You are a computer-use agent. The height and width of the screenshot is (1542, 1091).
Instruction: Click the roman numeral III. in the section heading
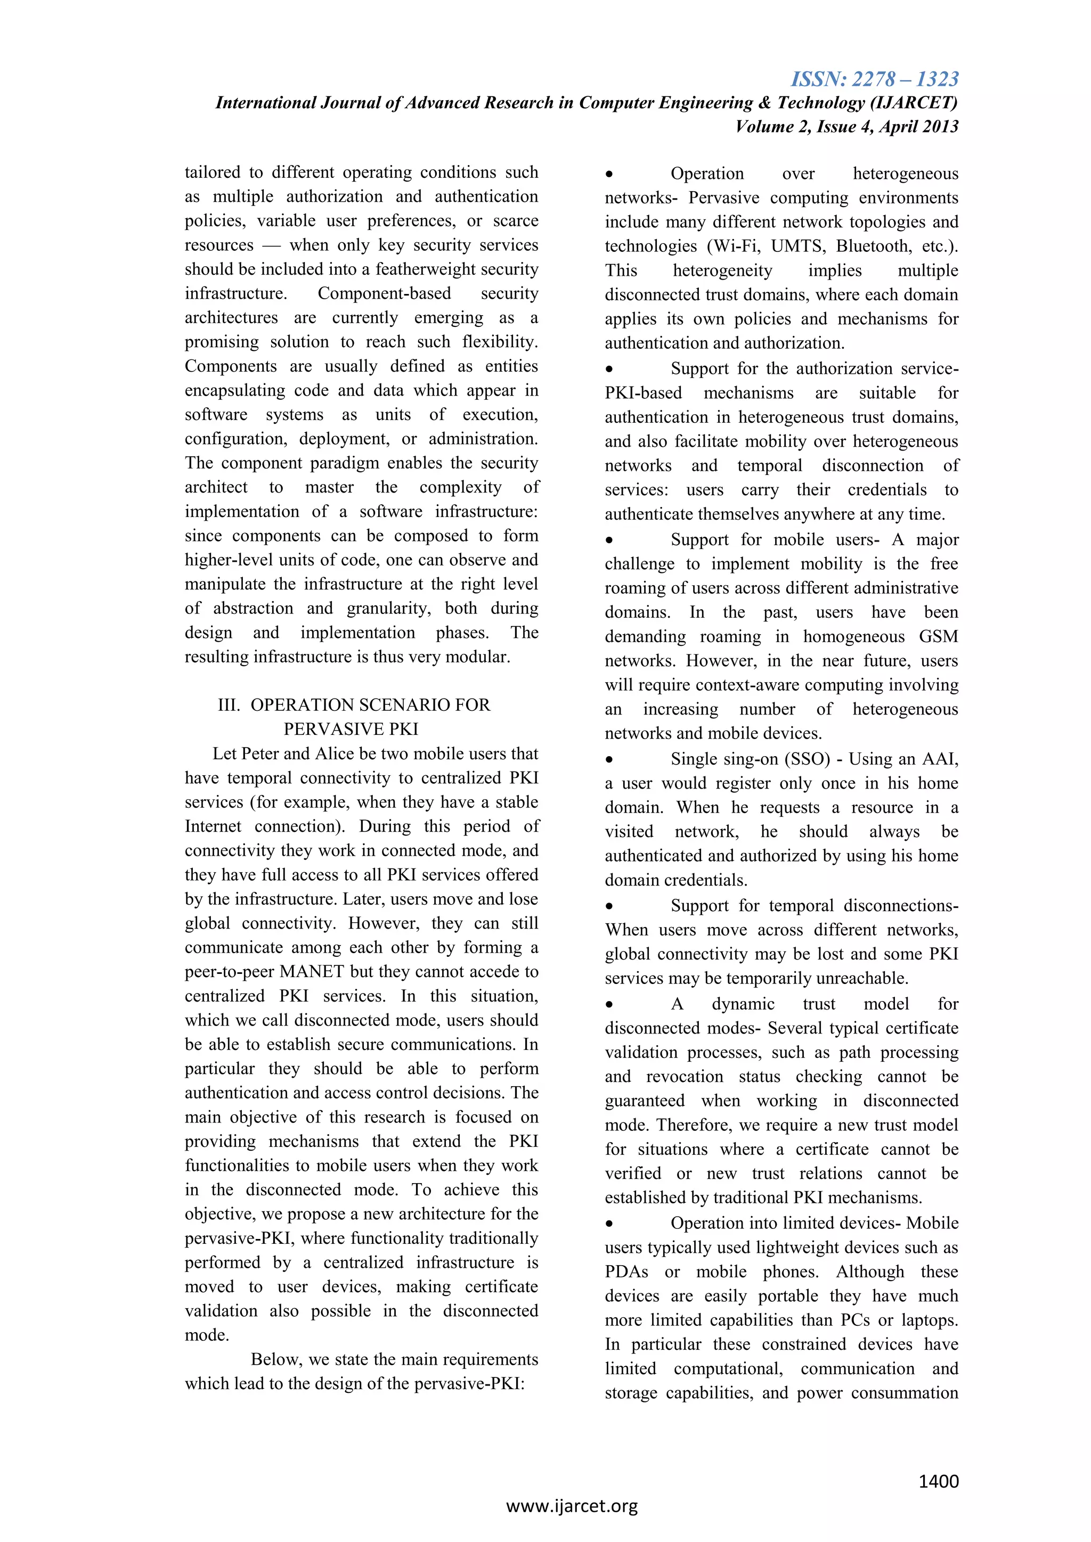[x=229, y=704]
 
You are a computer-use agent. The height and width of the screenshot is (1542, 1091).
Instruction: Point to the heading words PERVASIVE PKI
[x=351, y=729]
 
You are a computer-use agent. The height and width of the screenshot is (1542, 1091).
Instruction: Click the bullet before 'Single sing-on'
[x=609, y=760]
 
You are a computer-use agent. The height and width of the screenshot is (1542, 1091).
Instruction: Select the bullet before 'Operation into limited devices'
[x=609, y=1224]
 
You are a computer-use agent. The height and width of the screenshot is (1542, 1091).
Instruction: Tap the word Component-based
[x=384, y=293]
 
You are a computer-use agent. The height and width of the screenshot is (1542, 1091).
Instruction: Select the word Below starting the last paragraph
[x=275, y=1359]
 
